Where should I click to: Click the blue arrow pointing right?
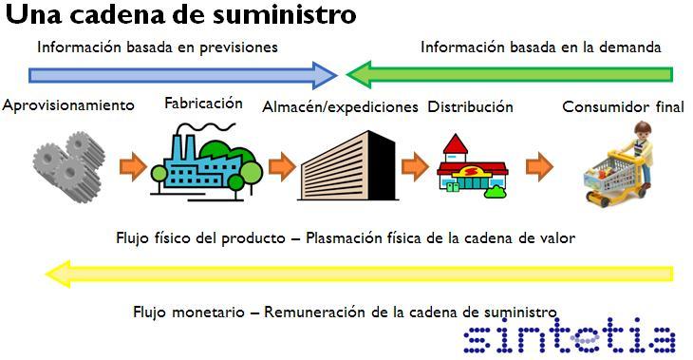click(182, 75)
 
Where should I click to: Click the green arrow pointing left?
click(509, 75)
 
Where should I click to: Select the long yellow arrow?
click(360, 274)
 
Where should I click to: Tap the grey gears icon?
click(69, 166)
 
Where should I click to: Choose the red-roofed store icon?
click(472, 166)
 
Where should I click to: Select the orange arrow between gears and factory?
click(133, 167)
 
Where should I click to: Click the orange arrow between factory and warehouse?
click(282, 167)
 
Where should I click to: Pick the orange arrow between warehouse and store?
click(415, 167)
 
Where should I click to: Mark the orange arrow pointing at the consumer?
click(539, 167)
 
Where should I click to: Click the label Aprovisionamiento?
click(68, 105)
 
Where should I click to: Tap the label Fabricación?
click(203, 104)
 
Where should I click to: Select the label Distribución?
click(470, 107)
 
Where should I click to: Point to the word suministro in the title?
click(285, 14)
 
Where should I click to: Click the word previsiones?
click(238, 47)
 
